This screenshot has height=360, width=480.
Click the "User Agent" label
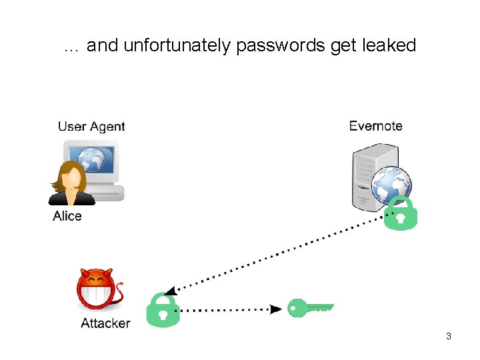pyautogui.click(x=91, y=127)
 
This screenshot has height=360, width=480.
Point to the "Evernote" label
pyautogui.click(x=375, y=126)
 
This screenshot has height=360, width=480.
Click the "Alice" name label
pyautogui.click(x=67, y=216)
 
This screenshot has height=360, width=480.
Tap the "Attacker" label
pyautogui.click(x=105, y=324)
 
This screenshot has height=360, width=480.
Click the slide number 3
pyautogui.click(x=449, y=336)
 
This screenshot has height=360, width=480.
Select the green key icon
pyautogui.click(x=310, y=307)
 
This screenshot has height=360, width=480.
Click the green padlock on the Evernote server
pyautogui.click(x=400, y=213)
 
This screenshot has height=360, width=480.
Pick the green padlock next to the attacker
pyautogui.click(x=163, y=310)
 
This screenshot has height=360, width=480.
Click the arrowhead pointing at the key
pyautogui.click(x=275, y=309)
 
